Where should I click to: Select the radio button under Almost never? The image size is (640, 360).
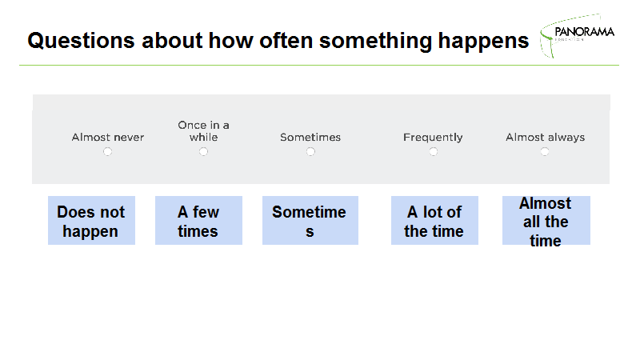107,152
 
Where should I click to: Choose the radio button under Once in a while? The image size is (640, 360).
203,152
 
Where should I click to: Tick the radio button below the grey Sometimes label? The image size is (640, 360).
310,152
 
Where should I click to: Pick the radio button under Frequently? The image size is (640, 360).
434,152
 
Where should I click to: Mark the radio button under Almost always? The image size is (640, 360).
545,152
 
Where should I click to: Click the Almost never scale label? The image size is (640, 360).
108,137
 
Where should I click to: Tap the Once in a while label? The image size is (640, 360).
203,131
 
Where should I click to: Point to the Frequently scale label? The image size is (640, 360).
433,138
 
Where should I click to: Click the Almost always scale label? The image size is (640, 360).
546,138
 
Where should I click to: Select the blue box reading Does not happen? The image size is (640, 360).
91,221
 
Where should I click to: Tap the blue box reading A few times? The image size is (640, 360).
198,221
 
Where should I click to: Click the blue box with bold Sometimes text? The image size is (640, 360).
310,221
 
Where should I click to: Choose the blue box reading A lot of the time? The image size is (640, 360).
434,221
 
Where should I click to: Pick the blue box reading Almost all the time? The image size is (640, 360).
546,221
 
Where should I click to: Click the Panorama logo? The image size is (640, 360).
577,35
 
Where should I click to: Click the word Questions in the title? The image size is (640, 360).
81,41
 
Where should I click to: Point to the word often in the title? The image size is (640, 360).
286,41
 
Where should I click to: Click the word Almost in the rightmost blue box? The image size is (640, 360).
546,203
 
